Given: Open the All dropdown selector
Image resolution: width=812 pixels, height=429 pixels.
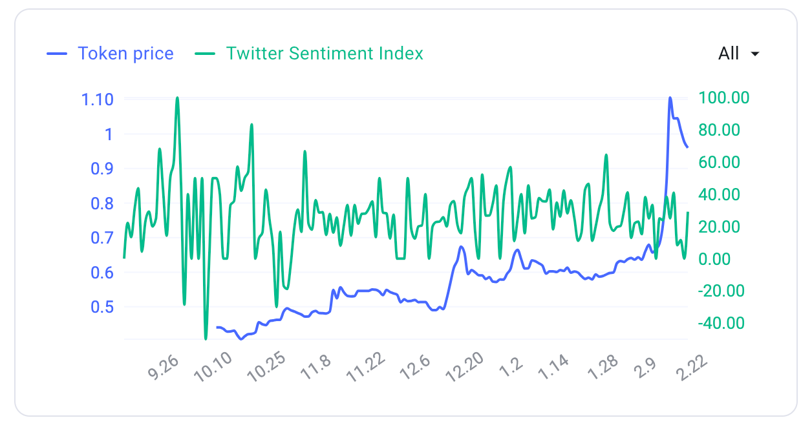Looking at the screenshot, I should click(x=738, y=54).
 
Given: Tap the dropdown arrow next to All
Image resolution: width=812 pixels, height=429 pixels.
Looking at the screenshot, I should click(x=754, y=54).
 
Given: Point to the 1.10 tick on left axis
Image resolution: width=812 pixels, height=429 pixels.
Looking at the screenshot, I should click(x=97, y=99).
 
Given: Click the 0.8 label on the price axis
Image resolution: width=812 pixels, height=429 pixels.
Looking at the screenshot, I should click(x=100, y=204).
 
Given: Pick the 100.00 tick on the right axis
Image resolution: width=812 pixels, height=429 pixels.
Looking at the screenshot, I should click(x=723, y=98).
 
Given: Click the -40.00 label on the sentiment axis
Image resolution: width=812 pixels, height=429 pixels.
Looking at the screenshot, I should click(x=723, y=323).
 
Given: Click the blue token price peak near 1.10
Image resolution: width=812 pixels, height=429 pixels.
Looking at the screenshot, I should click(x=670, y=98).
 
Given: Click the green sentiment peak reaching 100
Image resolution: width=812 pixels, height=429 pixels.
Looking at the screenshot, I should click(x=177, y=98).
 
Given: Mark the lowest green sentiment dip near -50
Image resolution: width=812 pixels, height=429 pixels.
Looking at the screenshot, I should click(x=206, y=338).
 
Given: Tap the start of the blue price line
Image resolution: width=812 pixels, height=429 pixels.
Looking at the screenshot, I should click(x=217, y=328).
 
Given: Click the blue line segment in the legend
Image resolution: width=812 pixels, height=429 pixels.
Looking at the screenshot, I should click(x=57, y=54).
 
